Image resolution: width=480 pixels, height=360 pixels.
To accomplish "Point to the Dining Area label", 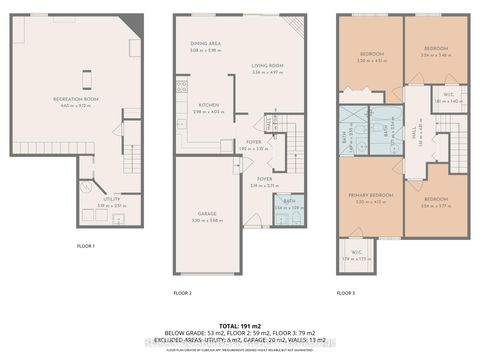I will (x=205, y=44).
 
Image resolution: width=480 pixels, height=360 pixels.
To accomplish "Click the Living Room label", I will (x=268, y=65).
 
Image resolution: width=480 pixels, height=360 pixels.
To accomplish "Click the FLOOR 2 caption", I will (x=181, y=292).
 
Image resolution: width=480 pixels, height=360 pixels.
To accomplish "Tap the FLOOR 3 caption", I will (x=346, y=292).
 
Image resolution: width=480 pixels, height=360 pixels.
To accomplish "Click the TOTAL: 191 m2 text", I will (x=240, y=326).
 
